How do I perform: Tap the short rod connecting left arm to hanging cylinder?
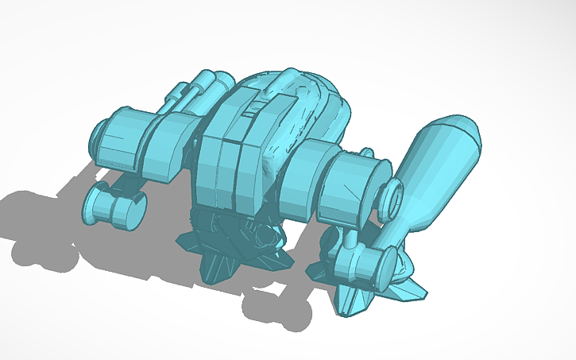(127, 183)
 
